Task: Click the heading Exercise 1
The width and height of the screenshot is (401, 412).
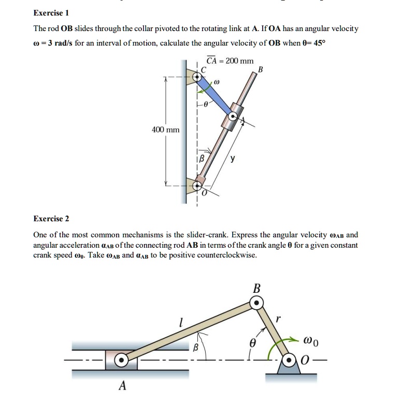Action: coord(51,12)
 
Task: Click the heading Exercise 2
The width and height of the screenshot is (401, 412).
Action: coord(51,219)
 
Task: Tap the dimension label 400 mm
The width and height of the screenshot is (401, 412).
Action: coord(165,129)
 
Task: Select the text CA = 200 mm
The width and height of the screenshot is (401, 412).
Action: coord(230,61)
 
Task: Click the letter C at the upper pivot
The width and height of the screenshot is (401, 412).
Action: coord(204,70)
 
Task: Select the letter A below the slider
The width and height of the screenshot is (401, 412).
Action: coord(122,386)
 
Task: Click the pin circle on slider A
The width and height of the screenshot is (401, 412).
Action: coord(121,359)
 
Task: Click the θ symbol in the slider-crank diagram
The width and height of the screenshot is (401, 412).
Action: coord(253,343)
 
